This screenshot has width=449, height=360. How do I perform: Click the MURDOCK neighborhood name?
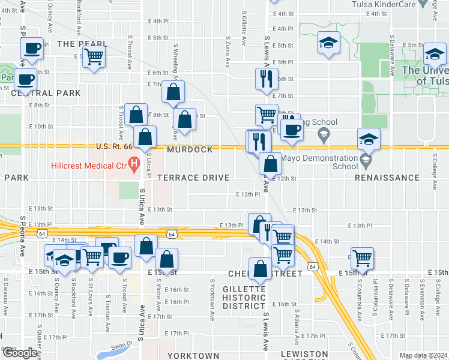(x=190, y=149)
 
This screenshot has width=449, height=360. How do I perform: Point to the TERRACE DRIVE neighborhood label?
(x=193, y=178)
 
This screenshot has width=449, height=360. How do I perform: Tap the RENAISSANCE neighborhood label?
(x=387, y=178)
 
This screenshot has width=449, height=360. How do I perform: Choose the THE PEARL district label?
(x=82, y=44)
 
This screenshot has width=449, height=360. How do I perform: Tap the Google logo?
(x=19, y=353)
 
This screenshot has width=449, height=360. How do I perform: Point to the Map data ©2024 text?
(x=423, y=356)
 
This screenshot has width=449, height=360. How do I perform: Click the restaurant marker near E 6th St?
(x=265, y=78)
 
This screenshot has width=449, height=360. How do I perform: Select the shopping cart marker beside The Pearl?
(x=93, y=56)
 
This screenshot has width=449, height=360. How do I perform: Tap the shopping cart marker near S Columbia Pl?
(x=362, y=257)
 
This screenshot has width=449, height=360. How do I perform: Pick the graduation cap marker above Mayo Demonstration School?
(x=369, y=139)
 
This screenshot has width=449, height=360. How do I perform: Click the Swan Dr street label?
(x=121, y=346)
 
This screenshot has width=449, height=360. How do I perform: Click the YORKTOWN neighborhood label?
(x=193, y=355)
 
